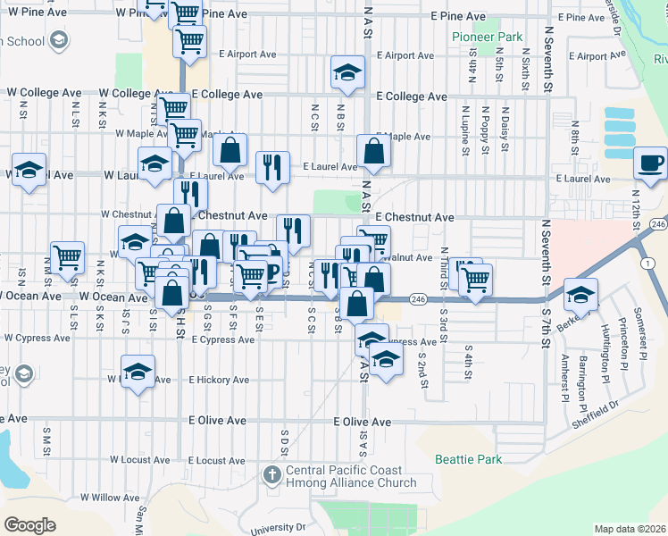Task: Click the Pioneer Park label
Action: point(485,37)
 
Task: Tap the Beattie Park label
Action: point(468,459)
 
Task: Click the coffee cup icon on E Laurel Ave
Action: point(650,163)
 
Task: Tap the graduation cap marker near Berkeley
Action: point(580,294)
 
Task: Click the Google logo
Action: point(29,524)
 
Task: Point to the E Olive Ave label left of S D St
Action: point(217,421)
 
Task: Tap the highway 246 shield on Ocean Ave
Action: point(417,298)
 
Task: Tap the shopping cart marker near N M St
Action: point(67,258)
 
